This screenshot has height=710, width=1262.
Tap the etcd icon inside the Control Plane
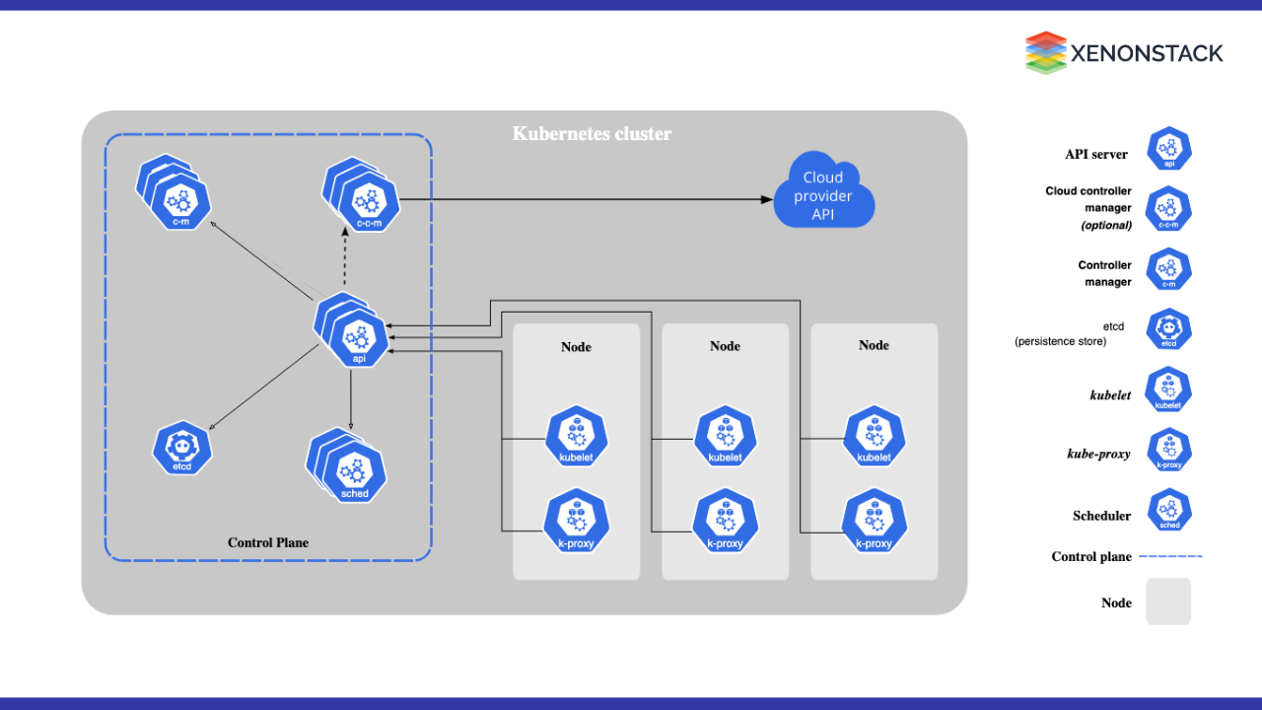(x=182, y=449)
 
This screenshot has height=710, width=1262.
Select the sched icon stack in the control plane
(x=350, y=467)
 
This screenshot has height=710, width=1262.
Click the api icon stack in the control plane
(x=355, y=335)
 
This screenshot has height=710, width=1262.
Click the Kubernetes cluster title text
(x=592, y=133)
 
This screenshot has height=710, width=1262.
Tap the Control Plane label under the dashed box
(x=268, y=542)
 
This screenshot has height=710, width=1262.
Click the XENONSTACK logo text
(x=1148, y=52)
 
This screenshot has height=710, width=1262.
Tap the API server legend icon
(x=1169, y=149)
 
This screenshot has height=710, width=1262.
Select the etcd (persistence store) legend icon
(x=1169, y=330)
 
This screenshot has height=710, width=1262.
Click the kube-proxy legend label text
(x=1098, y=454)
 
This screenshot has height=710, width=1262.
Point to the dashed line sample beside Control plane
(x=1171, y=557)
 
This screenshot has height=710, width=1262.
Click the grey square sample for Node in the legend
(x=1168, y=602)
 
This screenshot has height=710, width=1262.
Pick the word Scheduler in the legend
(x=1101, y=516)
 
